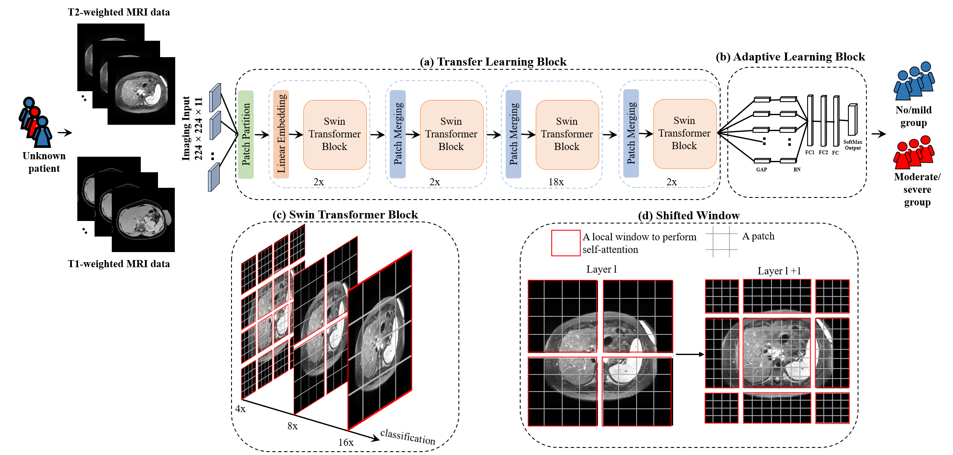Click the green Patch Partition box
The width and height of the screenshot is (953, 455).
pyautogui.click(x=246, y=134)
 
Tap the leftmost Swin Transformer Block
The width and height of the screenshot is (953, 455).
pyautogui.click(x=334, y=134)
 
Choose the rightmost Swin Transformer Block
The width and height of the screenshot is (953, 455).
pyautogui.click(x=684, y=134)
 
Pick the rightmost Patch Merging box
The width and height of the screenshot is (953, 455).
pyautogui.click(x=631, y=134)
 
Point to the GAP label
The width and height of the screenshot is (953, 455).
pyautogui.click(x=761, y=170)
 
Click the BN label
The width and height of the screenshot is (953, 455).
pyautogui.click(x=797, y=170)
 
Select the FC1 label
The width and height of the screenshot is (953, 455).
pyautogui.click(x=810, y=153)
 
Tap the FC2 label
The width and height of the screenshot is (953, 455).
pyautogui.click(x=823, y=153)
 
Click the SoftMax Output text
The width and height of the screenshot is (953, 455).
pyautogui.click(x=853, y=145)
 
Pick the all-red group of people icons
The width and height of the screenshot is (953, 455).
pyautogui.click(x=914, y=153)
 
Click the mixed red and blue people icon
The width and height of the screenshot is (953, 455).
pyautogui.click(x=36, y=122)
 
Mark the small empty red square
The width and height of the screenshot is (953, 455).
pyautogui.click(x=566, y=243)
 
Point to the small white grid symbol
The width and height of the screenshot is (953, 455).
pyautogui.click(x=721, y=242)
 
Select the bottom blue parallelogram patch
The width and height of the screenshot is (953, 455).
pyautogui.click(x=214, y=177)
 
